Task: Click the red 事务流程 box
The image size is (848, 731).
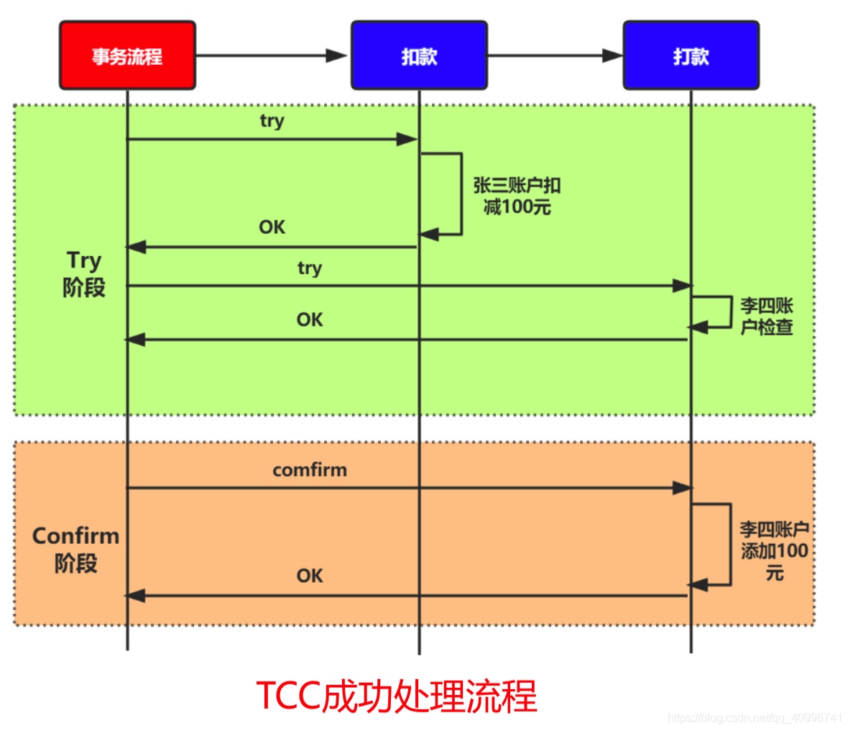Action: tap(127, 55)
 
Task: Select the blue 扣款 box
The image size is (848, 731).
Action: tap(419, 55)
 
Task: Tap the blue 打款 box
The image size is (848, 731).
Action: tap(691, 55)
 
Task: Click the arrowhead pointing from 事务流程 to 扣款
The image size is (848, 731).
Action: tap(336, 55)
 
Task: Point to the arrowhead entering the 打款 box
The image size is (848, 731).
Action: tap(612, 55)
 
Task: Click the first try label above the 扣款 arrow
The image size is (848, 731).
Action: tap(272, 121)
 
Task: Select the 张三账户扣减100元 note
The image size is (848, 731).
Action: tap(517, 196)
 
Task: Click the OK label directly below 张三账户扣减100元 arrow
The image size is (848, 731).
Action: tap(272, 227)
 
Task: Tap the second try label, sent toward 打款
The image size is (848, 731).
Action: tap(309, 268)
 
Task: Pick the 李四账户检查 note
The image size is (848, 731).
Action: tap(767, 316)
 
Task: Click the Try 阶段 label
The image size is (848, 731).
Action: tap(84, 274)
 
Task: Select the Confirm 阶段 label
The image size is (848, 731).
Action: tap(75, 549)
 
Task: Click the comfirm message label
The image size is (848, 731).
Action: tap(309, 470)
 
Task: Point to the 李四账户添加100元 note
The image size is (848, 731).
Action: tap(774, 551)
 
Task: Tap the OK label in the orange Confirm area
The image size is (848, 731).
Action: tap(309, 576)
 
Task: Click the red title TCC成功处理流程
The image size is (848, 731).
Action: tap(396, 696)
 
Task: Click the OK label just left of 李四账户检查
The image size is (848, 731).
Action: tap(309, 319)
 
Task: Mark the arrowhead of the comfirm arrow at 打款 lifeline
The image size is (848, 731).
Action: tap(682, 488)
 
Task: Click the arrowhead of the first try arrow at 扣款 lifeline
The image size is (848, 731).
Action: tap(407, 139)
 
